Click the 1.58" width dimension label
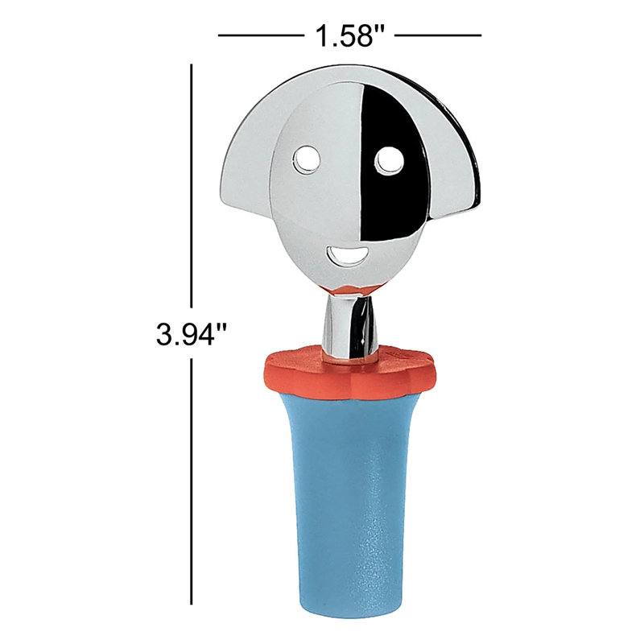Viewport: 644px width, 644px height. tap(349, 35)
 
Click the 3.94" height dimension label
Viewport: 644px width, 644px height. tap(192, 333)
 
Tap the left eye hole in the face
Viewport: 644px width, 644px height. tap(307, 159)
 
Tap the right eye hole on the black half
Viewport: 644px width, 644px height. tap(390, 159)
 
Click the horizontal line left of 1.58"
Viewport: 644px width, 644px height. tap(261, 35)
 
